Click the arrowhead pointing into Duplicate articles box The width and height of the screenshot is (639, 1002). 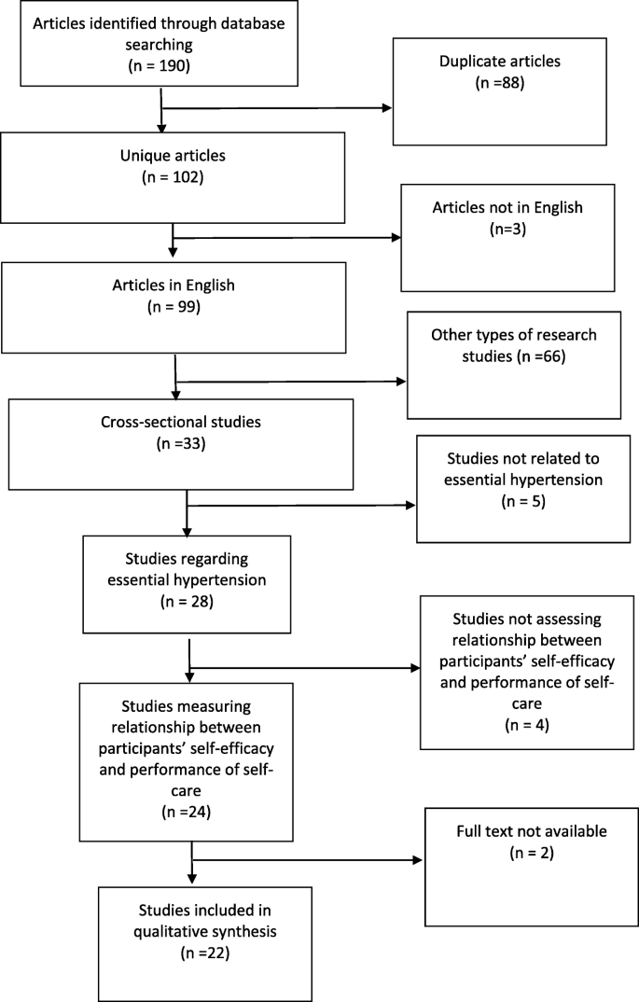(387, 107)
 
